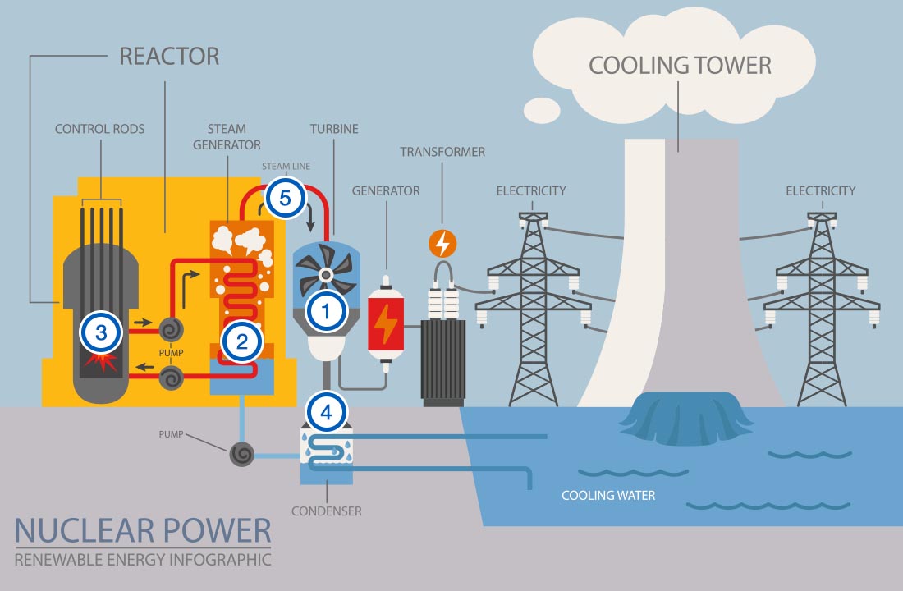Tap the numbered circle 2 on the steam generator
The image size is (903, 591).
[x=242, y=342]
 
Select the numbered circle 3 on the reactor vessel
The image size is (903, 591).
[x=100, y=332]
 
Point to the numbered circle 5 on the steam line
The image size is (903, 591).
[x=284, y=199]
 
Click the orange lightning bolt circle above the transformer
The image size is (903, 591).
[x=442, y=243]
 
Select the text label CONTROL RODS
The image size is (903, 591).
[x=99, y=129]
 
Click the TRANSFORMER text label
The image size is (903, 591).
[x=442, y=152]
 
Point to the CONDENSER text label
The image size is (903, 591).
[x=326, y=511]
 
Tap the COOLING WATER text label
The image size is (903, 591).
[x=608, y=495]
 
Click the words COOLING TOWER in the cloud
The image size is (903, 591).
[x=680, y=66]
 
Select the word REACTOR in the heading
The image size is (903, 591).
[x=169, y=57]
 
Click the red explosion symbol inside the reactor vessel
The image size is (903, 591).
[x=103, y=362]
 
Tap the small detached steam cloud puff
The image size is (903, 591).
[x=542, y=108]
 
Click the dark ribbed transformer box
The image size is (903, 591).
[x=443, y=361]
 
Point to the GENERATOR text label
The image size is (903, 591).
[x=386, y=191]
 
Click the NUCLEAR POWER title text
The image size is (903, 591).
[x=142, y=529]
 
